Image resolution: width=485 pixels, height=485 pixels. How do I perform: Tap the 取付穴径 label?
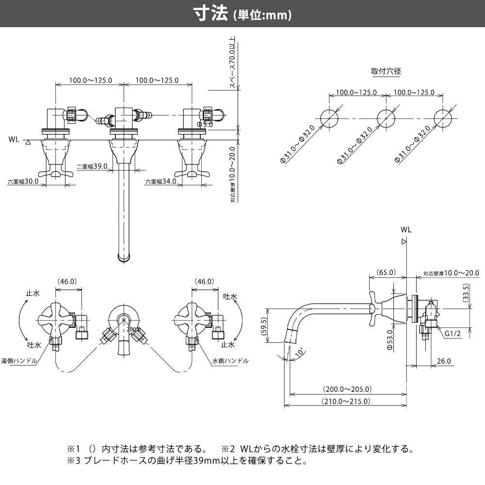pyautogui.click(x=386, y=71)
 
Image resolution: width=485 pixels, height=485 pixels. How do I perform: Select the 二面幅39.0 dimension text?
pyautogui.click(x=92, y=166)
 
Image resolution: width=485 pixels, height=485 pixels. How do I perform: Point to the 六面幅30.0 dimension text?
pyautogui.click(x=23, y=182)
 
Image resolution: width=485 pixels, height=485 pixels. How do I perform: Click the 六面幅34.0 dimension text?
pyautogui.click(x=161, y=182)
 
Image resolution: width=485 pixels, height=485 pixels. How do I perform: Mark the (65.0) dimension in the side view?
pyautogui.click(x=386, y=273)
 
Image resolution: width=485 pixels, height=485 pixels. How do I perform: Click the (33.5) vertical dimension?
pyautogui.click(x=466, y=293)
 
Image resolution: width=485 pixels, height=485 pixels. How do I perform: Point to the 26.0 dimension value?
pyautogui.click(x=443, y=361)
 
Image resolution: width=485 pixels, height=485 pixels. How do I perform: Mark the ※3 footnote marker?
pyautogui.click(x=73, y=461)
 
